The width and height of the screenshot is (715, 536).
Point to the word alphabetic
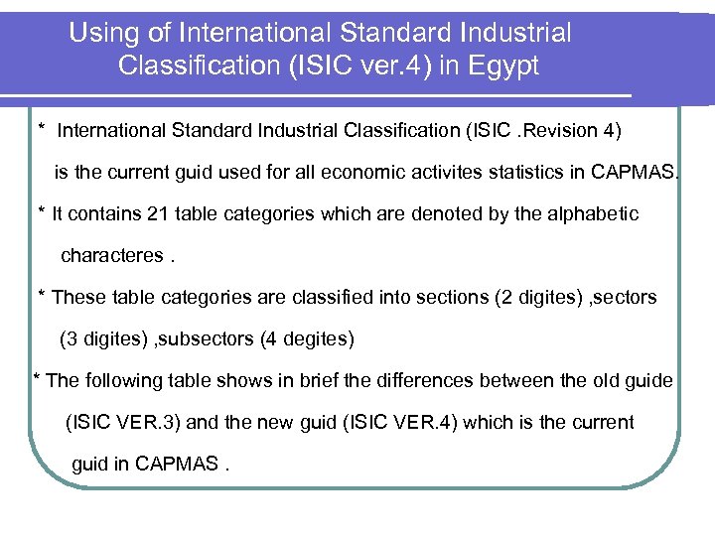coord(594,213)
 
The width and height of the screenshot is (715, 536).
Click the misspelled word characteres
coord(111,255)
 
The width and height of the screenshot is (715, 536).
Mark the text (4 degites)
coord(306,338)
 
